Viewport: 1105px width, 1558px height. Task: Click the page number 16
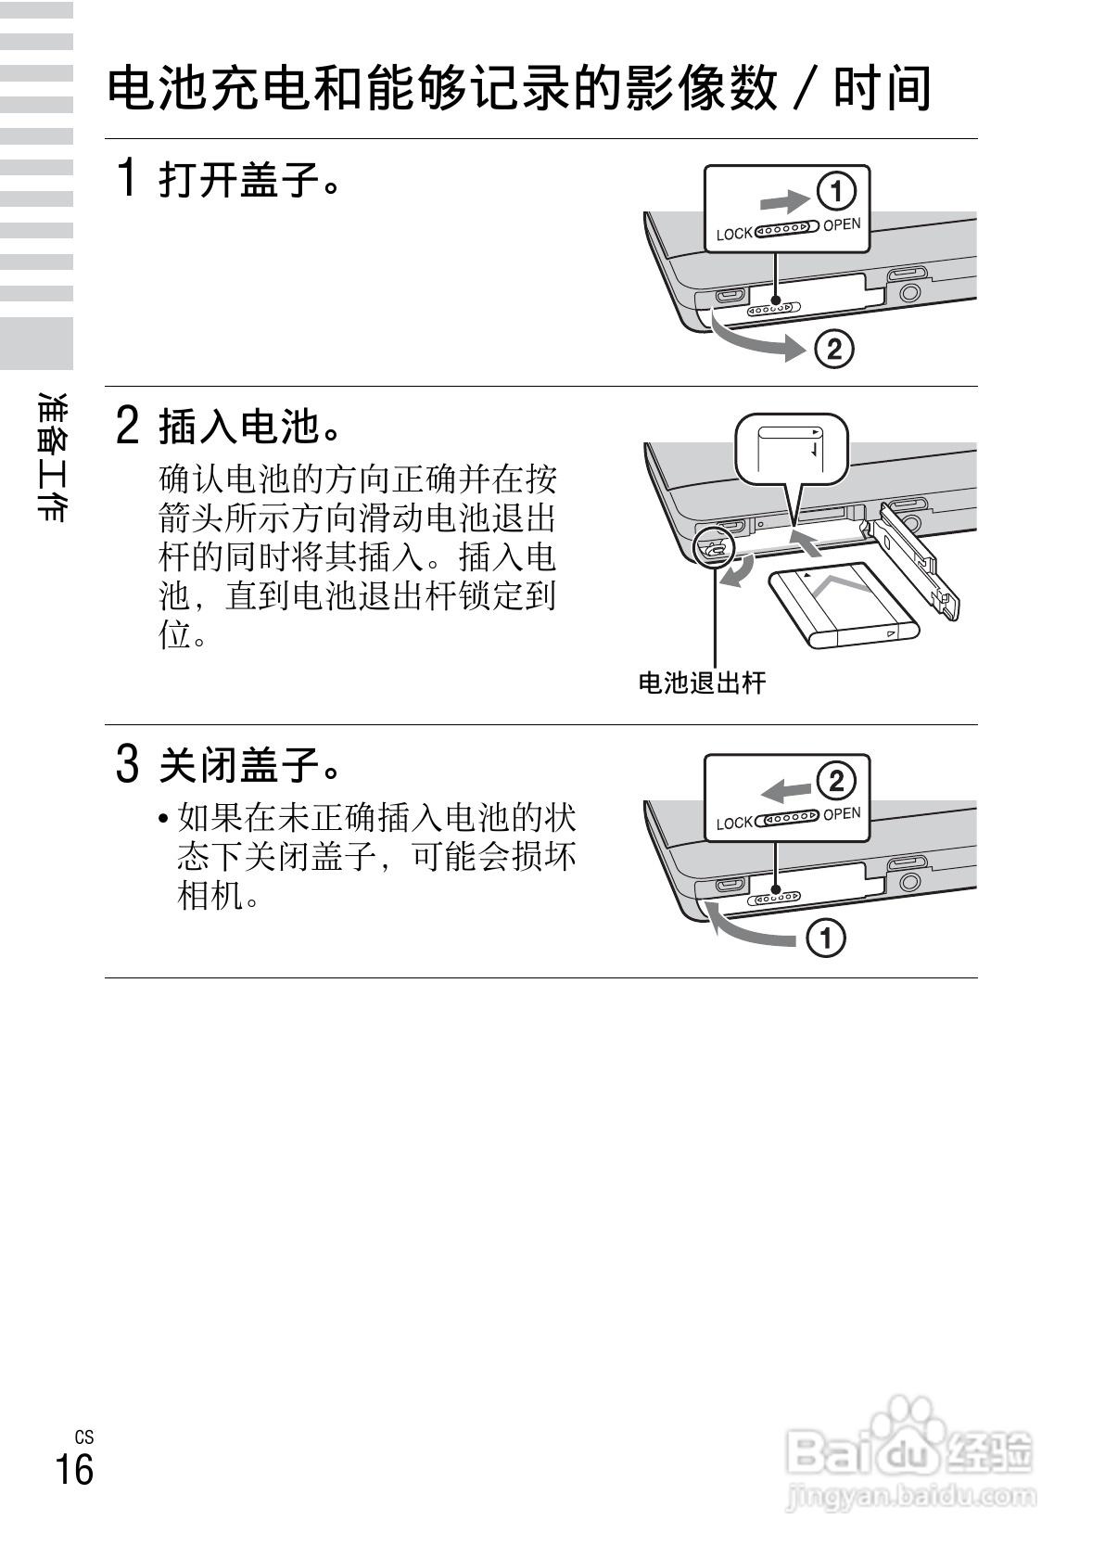[x=74, y=1471]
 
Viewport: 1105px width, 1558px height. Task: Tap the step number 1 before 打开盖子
[x=128, y=177]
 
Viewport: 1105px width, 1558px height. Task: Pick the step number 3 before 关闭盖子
[x=128, y=765]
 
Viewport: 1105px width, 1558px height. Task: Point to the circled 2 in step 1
[x=832, y=350]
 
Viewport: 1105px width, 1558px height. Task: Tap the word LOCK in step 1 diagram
[x=733, y=235]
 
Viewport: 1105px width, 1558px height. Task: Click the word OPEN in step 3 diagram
[x=842, y=814]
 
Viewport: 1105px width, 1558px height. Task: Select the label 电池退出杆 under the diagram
[x=702, y=683]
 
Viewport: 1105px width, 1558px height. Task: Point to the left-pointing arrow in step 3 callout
[x=782, y=789]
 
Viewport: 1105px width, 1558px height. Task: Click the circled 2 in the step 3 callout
[x=835, y=781]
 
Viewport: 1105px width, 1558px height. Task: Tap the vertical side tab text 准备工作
[x=51, y=457]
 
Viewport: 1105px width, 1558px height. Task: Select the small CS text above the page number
[x=83, y=1437]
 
